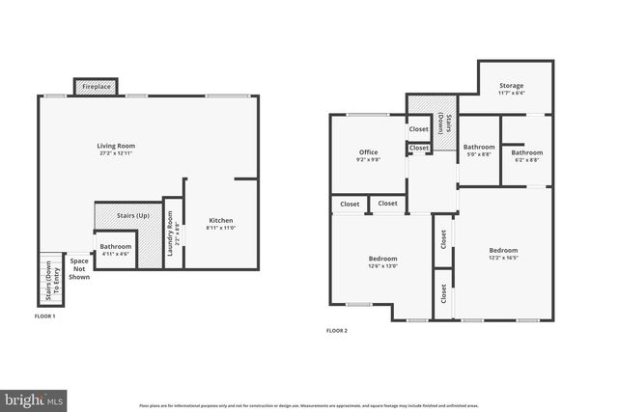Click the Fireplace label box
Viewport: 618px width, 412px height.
click(x=95, y=87)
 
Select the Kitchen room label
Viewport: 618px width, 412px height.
click(x=221, y=221)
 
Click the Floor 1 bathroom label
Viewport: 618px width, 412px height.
click(x=115, y=246)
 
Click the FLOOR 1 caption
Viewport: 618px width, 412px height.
click(x=45, y=316)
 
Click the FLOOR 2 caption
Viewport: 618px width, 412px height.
click(x=336, y=331)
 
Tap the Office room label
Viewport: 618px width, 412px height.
click(x=368, y=151)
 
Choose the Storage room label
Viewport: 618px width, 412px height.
click(x=511, y=87)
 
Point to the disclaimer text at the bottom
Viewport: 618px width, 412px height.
click(x=308, y=406)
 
